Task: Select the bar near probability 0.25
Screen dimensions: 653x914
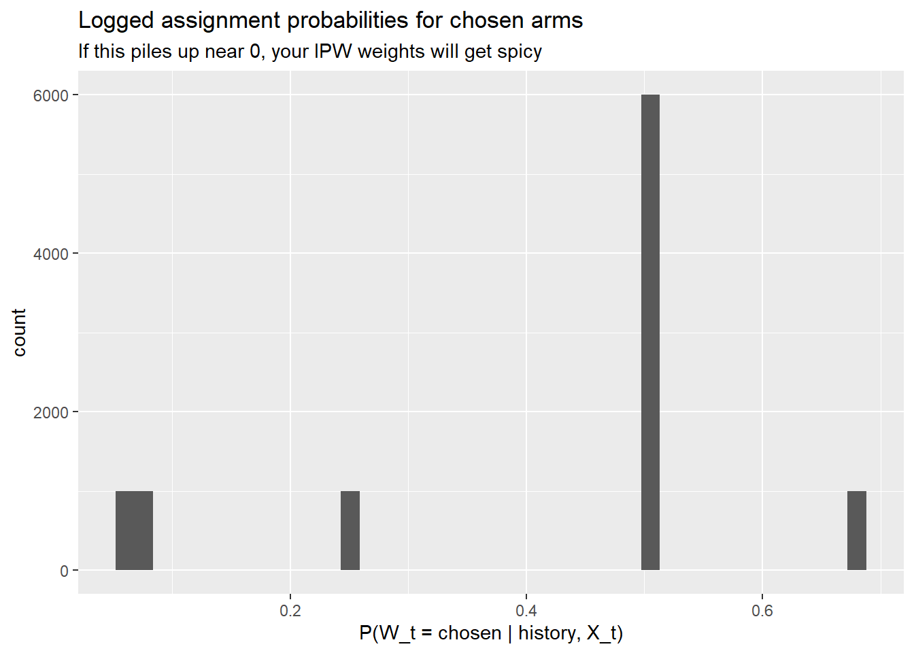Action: pos(350,531)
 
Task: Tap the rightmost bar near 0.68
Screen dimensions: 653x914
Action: pos(856,531)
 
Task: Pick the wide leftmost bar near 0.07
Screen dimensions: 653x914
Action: pos(134,531)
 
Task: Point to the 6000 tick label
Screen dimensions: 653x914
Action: pos(51,96)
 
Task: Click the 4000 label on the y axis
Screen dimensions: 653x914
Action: pos(51,254)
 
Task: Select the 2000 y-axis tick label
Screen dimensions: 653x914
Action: pos(51,413)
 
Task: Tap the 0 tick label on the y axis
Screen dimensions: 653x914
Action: pos(64,571)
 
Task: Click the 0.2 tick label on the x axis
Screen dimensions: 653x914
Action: pos(290,611)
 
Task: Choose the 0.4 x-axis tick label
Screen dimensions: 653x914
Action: pos(526,611)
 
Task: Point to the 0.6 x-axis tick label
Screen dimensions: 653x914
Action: pos(762,611)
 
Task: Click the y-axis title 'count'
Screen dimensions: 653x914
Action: pos(19,332)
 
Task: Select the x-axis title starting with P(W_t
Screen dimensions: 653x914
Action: pos(491,633)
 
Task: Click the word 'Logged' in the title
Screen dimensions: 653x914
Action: pos(116,21)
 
